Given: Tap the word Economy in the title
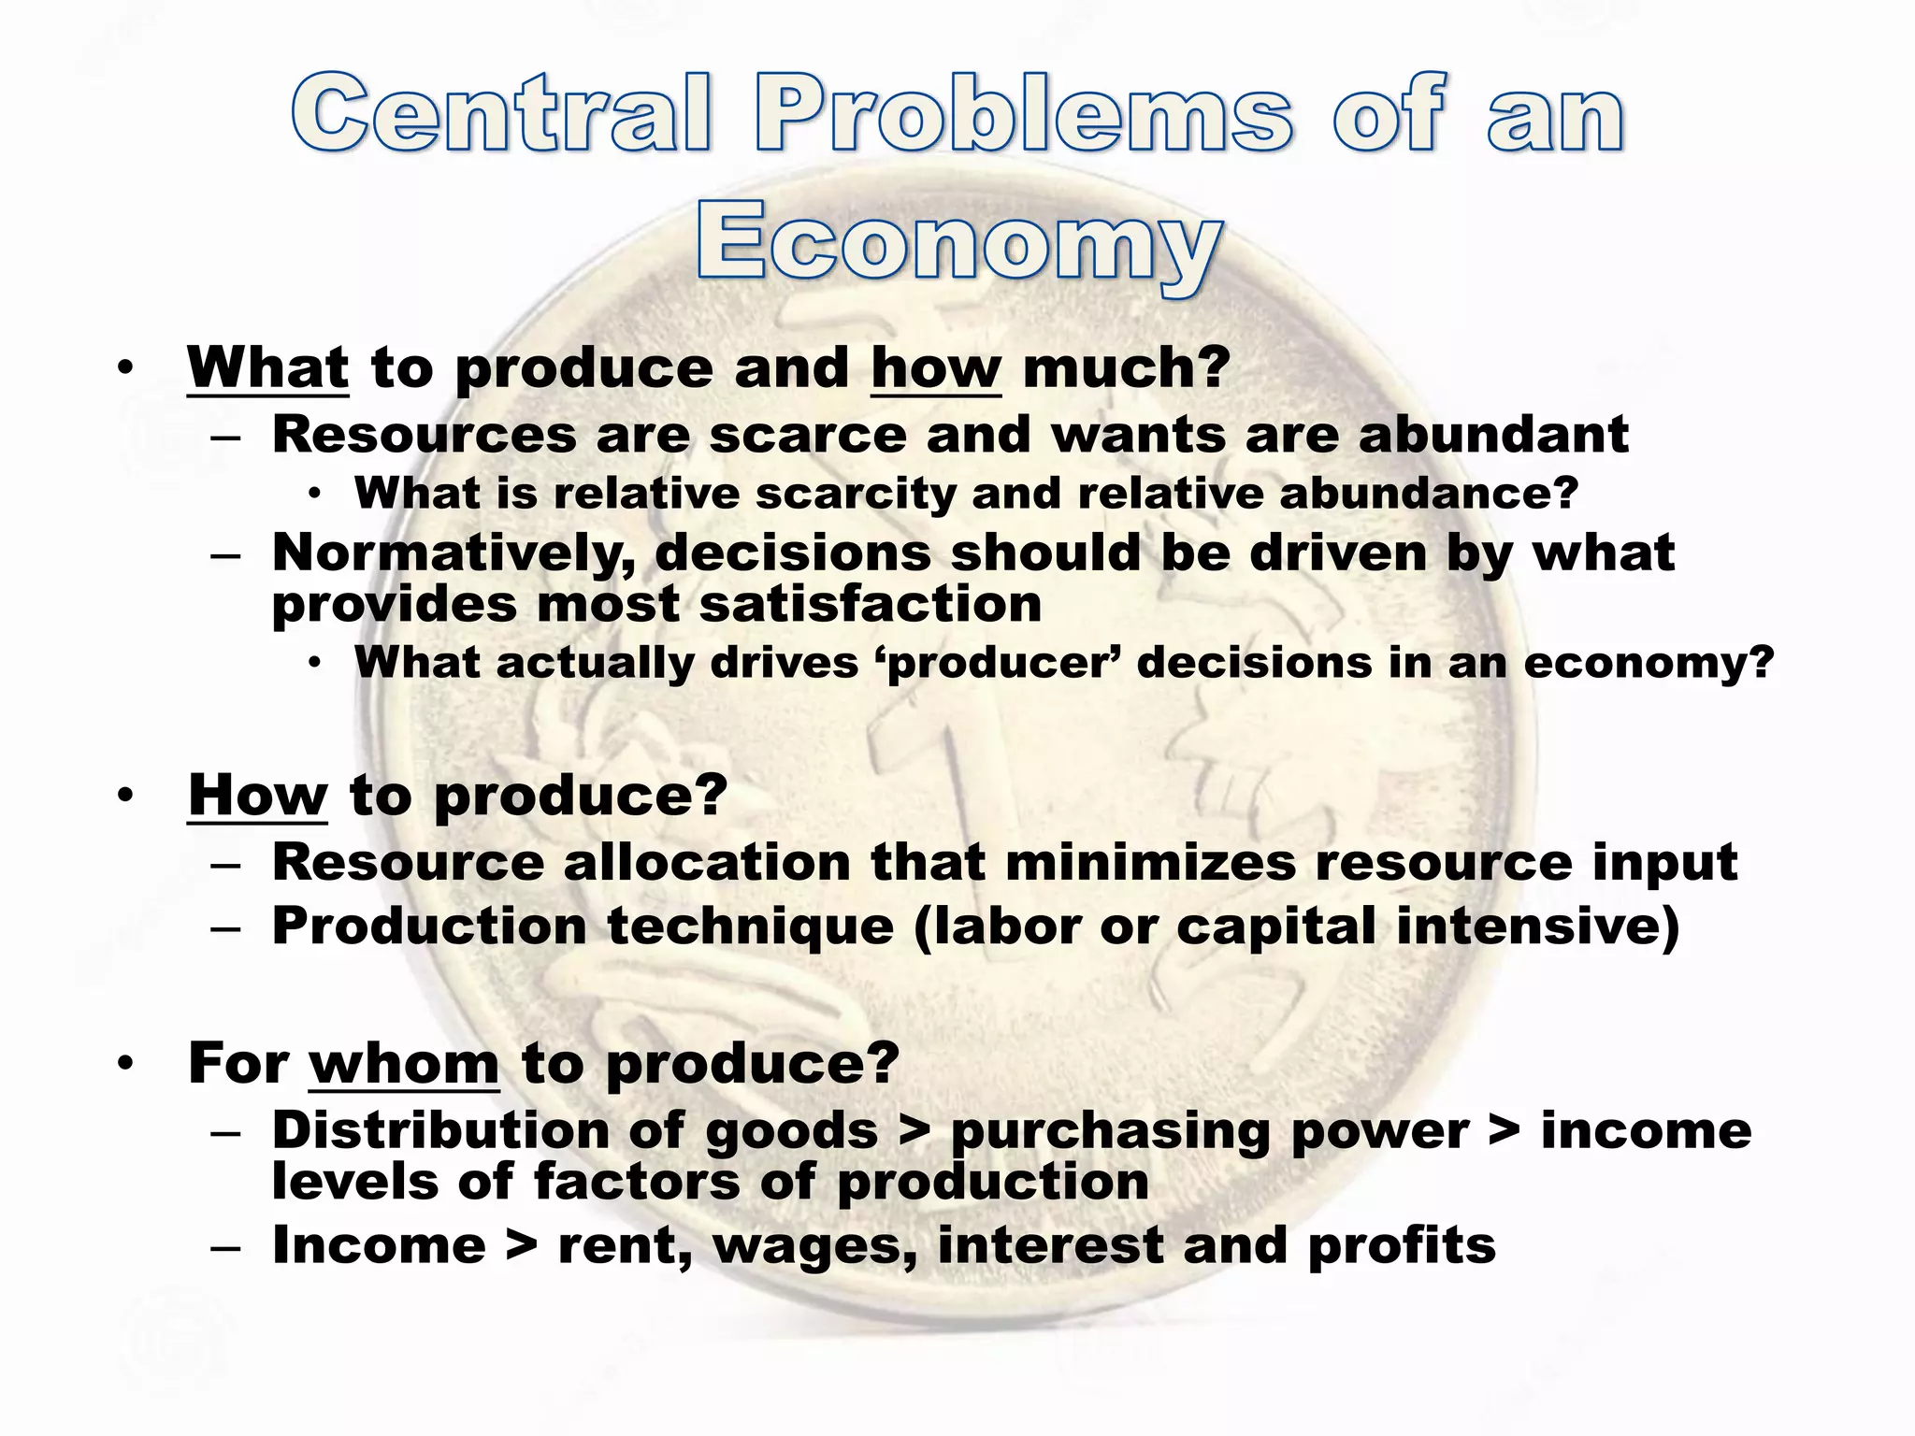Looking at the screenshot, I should pyautogui.click(x=957, y=242).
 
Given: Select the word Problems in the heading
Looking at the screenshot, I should pyautogui.click(x=1025, y=113).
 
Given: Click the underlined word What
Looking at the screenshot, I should pyautogui.click(x=267, y=367).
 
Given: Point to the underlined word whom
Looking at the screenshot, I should pyautogui.click(x=403, y=1064).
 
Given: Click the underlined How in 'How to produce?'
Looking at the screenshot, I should pyautogui.click(x=257, y=796).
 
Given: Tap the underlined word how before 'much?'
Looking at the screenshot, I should pyautogui.click(x=935, y=367).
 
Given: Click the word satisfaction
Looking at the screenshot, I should pyautogui.click(x=870, y=604).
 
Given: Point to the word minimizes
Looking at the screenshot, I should pyautogui.click(x=1150, y=862).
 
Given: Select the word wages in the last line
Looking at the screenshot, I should pyautogui.click(x=813, y=1246).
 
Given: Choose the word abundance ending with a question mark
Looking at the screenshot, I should pyautogui.click(x=1428, y=494).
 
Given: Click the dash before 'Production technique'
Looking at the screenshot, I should pyautogui.click(x=226, y=928).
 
